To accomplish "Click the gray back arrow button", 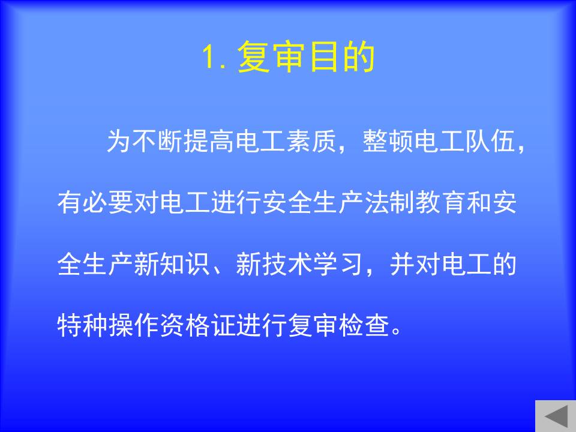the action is point(556,416).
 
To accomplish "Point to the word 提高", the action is point(197,141).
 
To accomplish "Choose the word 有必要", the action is point(95,202).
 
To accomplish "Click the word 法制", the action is point(389,202).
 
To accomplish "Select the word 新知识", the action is point(172,264).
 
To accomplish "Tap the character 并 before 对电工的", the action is point(402,264).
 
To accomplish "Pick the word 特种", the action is point(83,325).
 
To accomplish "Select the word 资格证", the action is point(197,325).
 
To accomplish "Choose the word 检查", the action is point(364,325).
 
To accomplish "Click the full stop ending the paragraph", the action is point(397,331).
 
